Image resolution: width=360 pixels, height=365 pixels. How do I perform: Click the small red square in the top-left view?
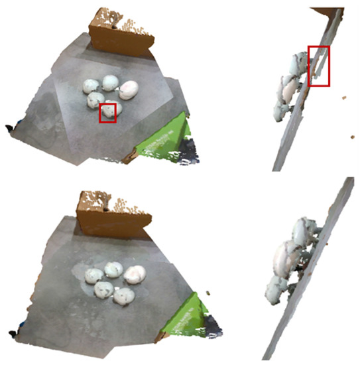tap(108, 112)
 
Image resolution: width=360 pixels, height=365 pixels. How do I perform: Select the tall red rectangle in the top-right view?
tap(319, 66)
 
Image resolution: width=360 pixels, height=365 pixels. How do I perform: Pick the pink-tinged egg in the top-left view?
tap(129, 89)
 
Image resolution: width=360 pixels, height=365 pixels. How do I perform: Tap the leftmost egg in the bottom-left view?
tap(95, 273)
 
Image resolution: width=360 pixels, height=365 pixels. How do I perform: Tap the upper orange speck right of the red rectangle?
tap(343, 99)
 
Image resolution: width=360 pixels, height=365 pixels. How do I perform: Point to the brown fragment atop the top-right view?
tap(325, 11)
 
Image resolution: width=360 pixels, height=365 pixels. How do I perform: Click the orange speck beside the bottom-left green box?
tap(208, 292)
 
